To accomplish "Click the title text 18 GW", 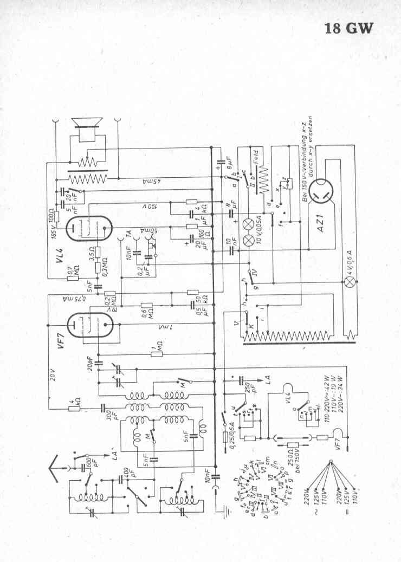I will tap(349, 28).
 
